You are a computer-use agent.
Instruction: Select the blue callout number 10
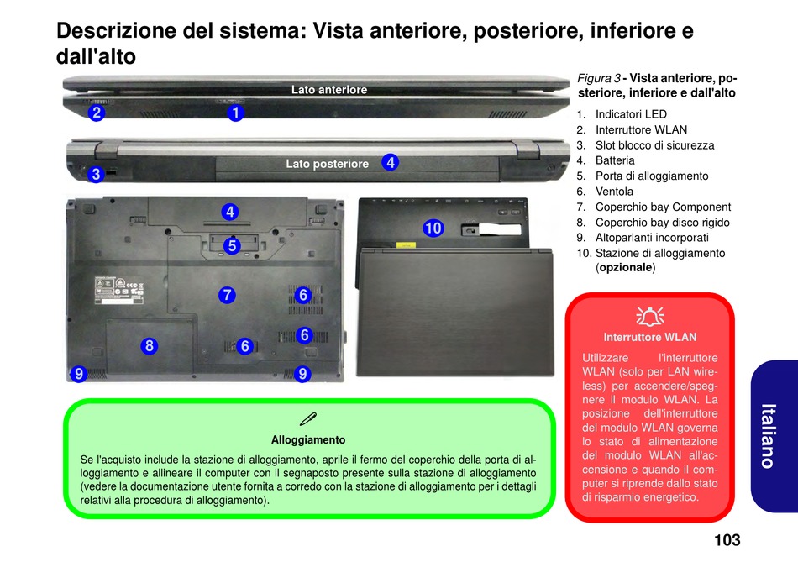433,228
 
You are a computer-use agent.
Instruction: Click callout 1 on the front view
235,112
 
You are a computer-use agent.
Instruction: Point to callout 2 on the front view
97,112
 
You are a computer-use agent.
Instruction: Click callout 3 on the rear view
96,175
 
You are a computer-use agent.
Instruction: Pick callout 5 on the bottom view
232,245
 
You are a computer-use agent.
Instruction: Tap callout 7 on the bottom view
227,295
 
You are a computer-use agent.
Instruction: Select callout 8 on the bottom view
149,345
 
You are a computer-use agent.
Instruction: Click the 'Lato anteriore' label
328,90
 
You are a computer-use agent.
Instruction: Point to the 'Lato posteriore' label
327,164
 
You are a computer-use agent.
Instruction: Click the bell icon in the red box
650,316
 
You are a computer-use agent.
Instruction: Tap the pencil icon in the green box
307,419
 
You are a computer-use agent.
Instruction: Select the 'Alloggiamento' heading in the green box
308,439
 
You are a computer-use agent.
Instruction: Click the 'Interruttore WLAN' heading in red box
650,337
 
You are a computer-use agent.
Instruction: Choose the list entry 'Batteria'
615,160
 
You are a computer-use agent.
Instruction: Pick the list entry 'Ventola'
614,192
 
